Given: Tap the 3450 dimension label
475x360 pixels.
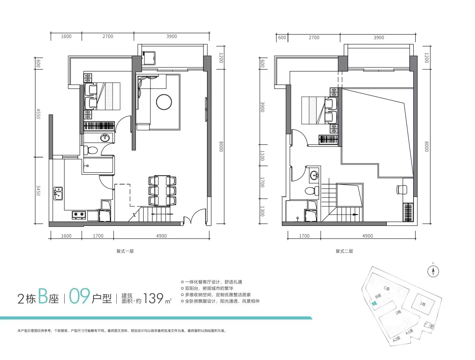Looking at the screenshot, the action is click(x=38, y=191).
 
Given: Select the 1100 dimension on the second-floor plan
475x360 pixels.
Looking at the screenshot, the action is click(x=262, y=156).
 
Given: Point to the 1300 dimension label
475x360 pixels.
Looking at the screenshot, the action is click(x=262, y=211).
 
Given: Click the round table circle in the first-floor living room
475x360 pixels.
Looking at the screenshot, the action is click(x=164, y=102).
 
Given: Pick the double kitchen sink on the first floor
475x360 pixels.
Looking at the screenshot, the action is click(x=58, y=193).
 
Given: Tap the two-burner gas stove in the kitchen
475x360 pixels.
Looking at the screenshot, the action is click(x=79, y=215).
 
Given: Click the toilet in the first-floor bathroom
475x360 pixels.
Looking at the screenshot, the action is click(x=90, y=150).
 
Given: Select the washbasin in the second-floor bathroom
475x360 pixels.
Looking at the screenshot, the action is click(x=314, y=175).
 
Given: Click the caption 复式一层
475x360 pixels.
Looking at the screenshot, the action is click(x=125, y=251).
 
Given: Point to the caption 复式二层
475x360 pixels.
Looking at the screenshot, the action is click(x=344, y=251).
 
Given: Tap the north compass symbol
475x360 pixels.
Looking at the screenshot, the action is click(x=433, y=271).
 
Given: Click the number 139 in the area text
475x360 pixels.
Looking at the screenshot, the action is click(x=153, y=298).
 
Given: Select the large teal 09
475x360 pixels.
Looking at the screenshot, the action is click(x=79, y=296).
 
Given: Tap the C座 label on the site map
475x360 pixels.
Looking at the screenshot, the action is click(x=387, y=288).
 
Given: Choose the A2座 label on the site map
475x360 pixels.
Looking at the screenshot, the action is click(x=397, y=339).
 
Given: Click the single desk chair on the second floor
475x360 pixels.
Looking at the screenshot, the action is click(x=401, y=189).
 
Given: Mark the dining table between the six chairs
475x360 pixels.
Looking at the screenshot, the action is click(x=162, y=191).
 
